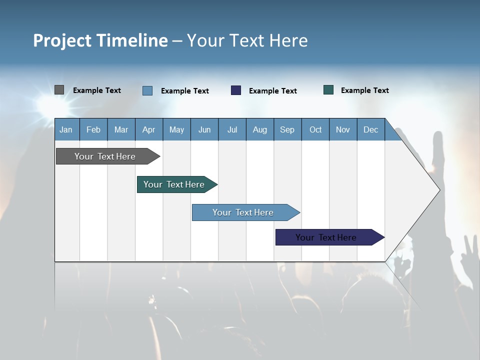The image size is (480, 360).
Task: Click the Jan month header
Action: [66, 129]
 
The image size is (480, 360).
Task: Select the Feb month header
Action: [93, 129]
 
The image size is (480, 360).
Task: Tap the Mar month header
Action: [121, 129]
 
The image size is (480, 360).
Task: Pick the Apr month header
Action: [149, 129]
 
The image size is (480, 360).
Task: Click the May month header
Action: [176, 129]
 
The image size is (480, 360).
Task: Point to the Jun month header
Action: [204, 129]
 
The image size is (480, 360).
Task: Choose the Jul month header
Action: [232, 129]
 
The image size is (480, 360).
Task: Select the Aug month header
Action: [260, 129]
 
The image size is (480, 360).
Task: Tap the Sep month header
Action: [287, 129]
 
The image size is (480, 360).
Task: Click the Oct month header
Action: [315, 129]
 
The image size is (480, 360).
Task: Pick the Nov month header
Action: [343, 129]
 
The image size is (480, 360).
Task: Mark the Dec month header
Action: [371, 129]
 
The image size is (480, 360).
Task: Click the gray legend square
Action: [59, 90]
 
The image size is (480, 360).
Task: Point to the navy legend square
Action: [236, 90]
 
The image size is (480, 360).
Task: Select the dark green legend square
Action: [328, 90]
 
